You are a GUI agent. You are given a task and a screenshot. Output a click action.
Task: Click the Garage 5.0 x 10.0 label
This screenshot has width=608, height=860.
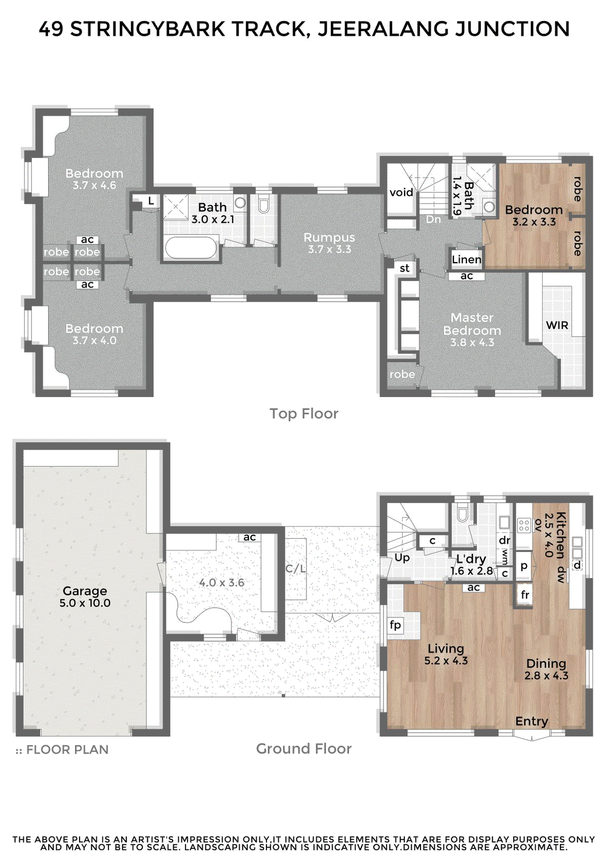tap(85, 597)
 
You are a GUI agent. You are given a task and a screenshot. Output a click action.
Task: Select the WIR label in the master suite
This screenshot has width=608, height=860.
tap(557, 325)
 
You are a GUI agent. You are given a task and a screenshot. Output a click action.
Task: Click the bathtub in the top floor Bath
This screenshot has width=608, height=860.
tap(191, 248)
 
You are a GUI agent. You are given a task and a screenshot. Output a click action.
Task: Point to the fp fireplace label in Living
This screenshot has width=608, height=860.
tap(395, 625)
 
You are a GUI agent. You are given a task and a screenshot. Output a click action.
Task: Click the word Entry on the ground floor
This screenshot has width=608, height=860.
tap(531, 721)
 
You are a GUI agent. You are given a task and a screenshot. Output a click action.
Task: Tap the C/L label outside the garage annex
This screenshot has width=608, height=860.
tap(295, 568)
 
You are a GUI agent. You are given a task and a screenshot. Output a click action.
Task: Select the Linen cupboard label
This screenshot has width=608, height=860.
tap(466, 260)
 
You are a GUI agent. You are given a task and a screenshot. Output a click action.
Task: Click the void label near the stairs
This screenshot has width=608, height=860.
tap(401, 192)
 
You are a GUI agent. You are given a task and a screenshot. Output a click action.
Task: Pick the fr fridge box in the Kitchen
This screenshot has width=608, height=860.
tap(525, 595)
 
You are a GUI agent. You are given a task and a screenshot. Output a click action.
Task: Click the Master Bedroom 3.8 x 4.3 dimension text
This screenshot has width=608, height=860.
tap(472, 343)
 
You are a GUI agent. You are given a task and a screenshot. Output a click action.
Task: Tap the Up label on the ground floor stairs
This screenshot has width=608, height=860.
tap(402, 558)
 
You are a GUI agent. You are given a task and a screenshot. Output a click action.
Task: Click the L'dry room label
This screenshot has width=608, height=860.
tap(471, 559)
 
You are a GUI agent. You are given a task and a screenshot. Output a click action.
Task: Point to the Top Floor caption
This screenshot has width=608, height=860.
tap(303, 414)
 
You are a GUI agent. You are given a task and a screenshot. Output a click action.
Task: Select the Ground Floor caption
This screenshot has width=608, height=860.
tap(303, 749)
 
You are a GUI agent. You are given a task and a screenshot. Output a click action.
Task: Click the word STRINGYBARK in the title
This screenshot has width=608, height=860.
tap(147, 29)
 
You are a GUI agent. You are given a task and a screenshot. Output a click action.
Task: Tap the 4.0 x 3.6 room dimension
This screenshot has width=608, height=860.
tap(221, 582)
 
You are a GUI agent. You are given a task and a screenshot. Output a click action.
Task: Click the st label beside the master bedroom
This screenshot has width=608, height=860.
tap(404, 268)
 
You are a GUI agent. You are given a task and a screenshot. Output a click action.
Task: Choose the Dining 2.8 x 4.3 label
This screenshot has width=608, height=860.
tap(546, 669)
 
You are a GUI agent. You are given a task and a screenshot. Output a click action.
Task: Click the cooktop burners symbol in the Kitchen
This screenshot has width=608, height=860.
tap(523, 525)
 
